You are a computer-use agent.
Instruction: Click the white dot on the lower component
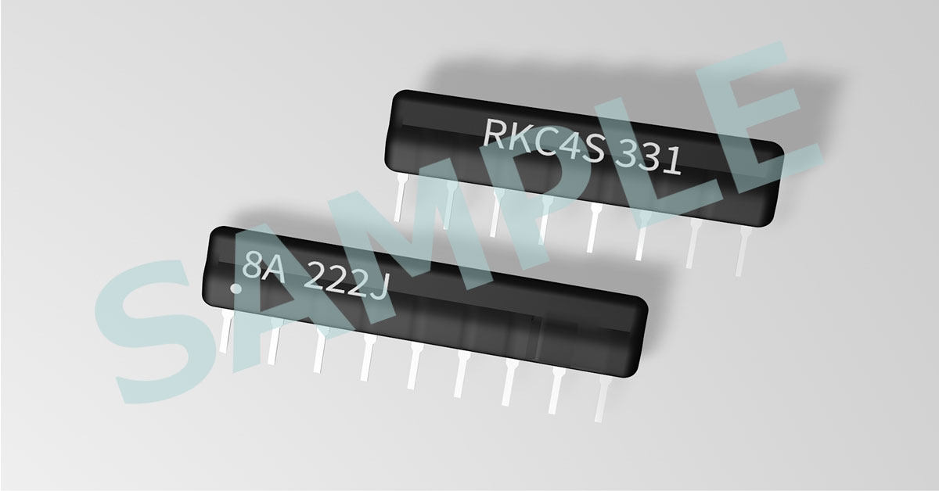236,289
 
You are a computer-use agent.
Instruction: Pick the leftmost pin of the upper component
401,197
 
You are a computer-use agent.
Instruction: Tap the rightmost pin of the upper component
742,251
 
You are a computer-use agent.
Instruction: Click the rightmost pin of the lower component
603,399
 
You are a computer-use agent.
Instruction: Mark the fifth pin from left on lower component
414,365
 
